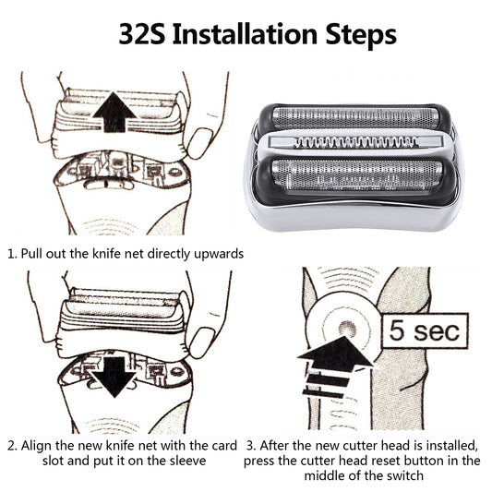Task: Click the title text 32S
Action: point(145,35)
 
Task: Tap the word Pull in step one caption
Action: point(36,252)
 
